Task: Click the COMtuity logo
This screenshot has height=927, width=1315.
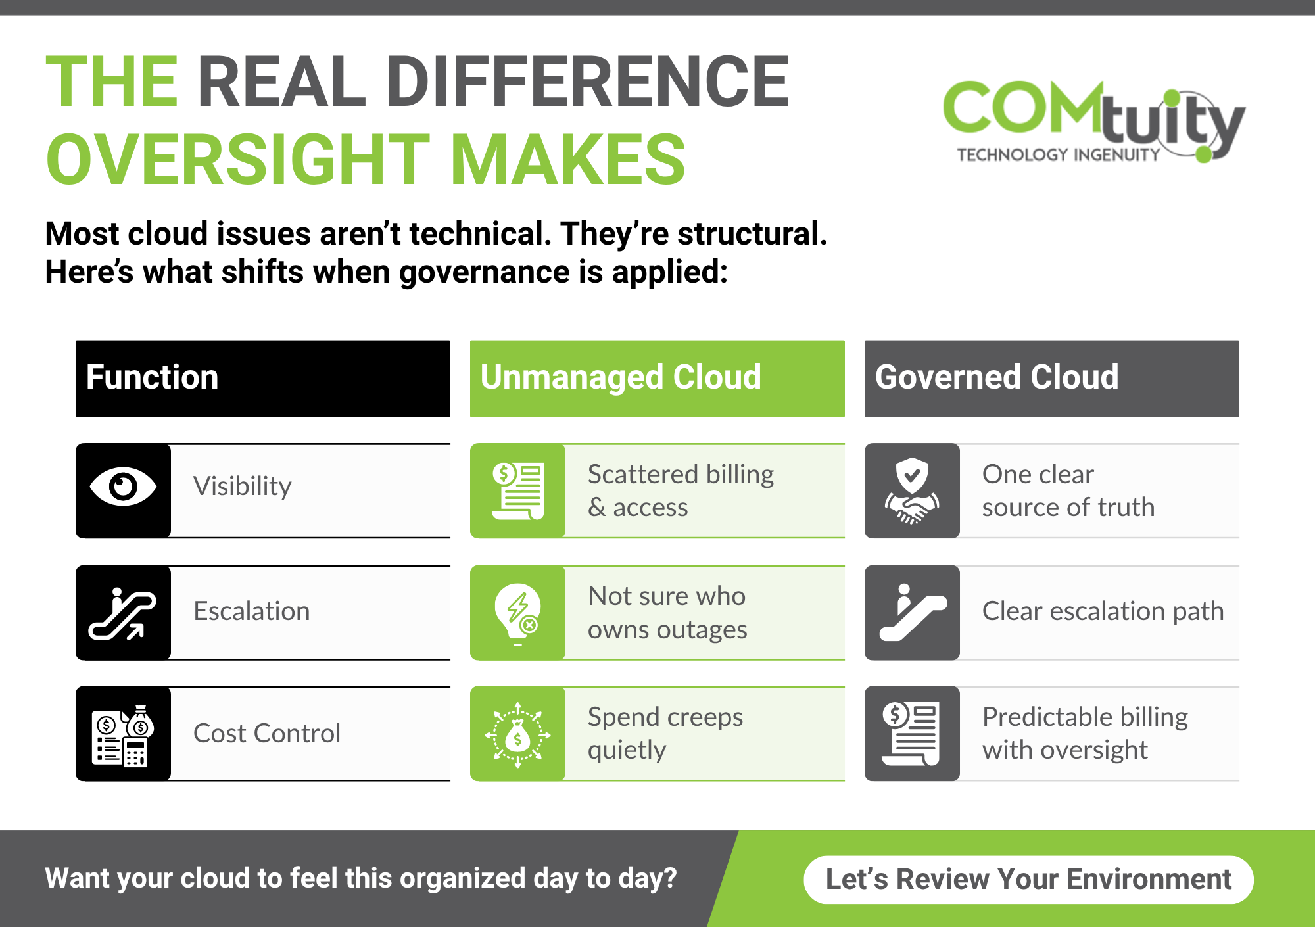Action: pos(1094,121)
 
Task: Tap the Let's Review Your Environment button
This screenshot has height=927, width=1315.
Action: pos(1028,880)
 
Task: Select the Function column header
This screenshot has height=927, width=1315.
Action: pos(263,379)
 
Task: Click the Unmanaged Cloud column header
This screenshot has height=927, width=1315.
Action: pos(657,379)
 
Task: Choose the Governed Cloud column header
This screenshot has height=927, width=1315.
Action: pos(1052,379)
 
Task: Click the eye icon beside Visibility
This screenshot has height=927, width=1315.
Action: pos(123,487)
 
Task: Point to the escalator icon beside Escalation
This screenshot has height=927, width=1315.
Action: pos(123,613)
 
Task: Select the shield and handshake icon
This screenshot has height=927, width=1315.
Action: pos(913,490)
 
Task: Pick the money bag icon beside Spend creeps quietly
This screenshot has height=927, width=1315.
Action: pos(518,735)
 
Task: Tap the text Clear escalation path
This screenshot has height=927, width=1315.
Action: pos(1103,611)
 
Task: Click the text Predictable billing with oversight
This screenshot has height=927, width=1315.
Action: pos(1085,733)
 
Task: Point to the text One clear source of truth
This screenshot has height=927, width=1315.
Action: pos(1068,490)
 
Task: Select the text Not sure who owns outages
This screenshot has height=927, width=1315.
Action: pos(667,613)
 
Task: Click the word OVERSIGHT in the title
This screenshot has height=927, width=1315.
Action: pos(238,160)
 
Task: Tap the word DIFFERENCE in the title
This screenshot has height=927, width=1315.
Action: pos(588,82)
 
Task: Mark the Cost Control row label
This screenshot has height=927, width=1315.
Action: pos(267,734)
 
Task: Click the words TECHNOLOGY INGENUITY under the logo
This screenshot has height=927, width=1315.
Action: pos(1059,155)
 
